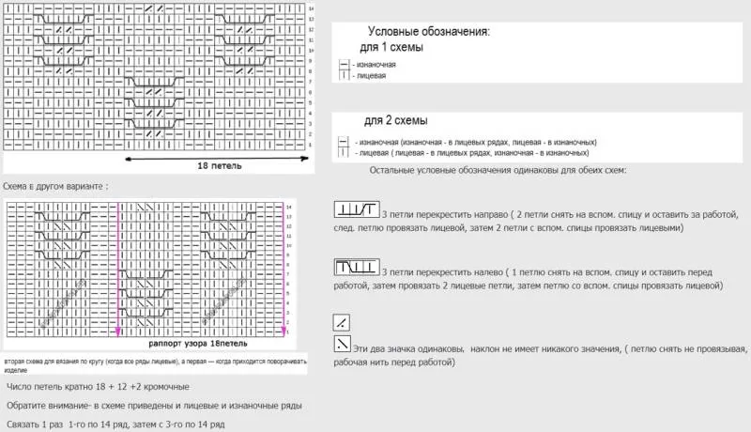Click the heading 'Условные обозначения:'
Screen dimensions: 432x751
428,31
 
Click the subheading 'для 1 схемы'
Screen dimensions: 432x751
392,47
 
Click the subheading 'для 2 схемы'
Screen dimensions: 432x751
396,121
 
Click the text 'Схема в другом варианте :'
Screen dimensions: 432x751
55,186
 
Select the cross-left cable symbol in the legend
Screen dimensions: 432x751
357,267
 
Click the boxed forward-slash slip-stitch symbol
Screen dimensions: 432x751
343,322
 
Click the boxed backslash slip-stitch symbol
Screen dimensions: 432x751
343,344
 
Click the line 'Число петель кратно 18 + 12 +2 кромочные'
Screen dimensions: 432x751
98,387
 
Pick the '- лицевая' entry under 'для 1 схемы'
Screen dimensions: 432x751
369,75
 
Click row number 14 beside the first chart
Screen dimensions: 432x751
311,8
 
